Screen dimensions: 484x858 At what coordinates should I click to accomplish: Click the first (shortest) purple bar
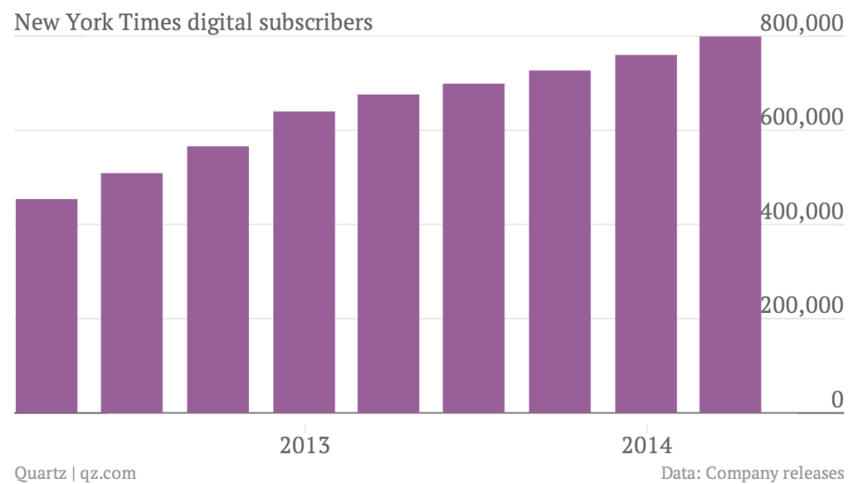tap(46, 306)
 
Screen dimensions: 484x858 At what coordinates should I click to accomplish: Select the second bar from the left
tap(132, 294)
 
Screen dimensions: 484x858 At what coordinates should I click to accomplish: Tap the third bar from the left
tap(218, 280)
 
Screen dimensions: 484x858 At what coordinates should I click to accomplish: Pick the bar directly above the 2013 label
tap(303, 263)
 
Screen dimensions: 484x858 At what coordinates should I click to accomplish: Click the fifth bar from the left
tap(389, 254)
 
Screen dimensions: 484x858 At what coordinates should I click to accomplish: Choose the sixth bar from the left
tap(474, 249)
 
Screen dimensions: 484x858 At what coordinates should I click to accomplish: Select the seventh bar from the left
tap(560, 242)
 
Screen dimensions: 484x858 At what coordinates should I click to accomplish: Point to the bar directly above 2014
tap(645, 234)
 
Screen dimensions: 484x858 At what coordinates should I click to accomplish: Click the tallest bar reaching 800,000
tap(730, 225)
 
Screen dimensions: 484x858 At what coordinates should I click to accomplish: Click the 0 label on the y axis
tap(836, 401)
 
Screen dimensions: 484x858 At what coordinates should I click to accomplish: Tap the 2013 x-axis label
tap(303, 444)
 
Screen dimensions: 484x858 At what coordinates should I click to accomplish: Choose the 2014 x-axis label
tap(645, 444)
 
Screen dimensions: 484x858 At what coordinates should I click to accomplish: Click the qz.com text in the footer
tap(108, 473)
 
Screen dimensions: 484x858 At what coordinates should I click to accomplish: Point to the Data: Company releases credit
tap(752, 473)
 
